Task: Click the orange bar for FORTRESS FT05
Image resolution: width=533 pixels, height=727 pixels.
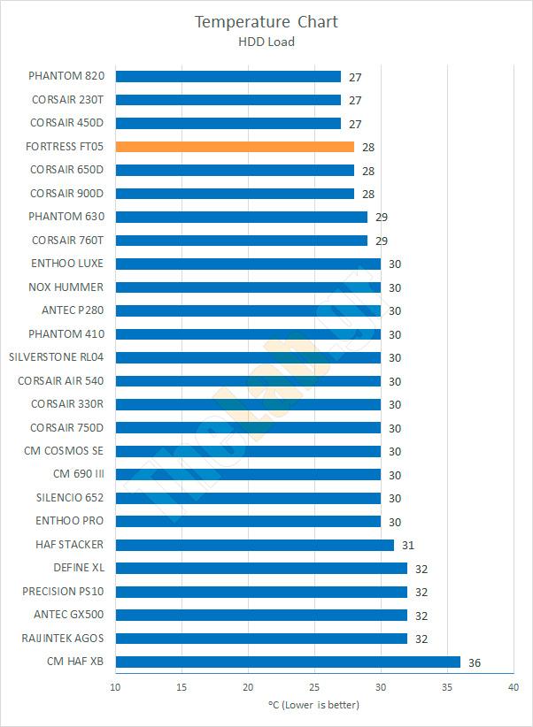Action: tap(235, 147)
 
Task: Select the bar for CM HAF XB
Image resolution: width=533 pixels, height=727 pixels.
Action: tap(288, 662)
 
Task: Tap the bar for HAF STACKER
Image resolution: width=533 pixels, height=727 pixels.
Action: tap(254, 545)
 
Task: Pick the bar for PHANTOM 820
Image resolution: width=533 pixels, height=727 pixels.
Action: tap(228, 77)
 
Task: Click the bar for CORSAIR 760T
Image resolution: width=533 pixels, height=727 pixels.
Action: tap(241, 241)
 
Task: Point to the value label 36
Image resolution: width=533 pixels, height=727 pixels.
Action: tap(475, 662)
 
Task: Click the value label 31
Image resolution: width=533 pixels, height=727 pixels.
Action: tap(407, 546)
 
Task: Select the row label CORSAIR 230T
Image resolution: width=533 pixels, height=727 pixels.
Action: tap(67, 100)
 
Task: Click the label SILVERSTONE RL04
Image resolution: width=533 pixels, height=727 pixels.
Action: tap(56, 357)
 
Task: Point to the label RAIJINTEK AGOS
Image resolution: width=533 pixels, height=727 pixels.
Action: tap(62, 638)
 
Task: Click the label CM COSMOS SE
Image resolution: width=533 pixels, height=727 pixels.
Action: tap(63, 451)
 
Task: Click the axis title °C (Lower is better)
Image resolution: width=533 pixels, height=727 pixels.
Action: tap(313, 705)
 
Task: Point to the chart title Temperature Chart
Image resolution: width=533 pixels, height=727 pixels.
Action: tap(266, 21)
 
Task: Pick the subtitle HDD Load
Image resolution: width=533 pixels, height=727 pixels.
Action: tap(266, 41)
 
